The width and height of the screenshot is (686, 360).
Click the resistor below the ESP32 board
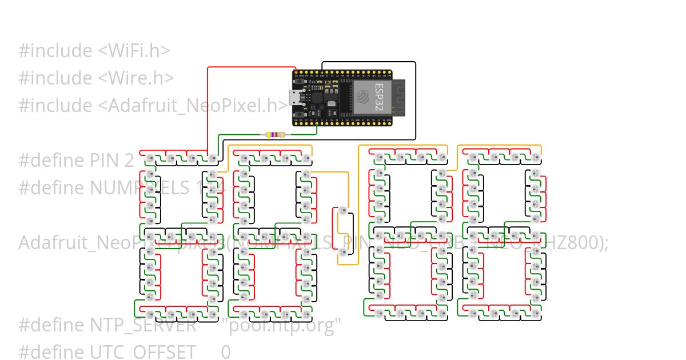pyautogui.click(x=274, y=135)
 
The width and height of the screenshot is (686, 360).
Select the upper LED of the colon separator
pyautogui.click(x=343, y=210)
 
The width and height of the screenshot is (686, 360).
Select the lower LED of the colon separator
pyautogui.click(x=343, y=252)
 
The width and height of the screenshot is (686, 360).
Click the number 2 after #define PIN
pyautogui.click(x=129, y=160)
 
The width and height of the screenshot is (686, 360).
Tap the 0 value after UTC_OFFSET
pyautogui.click(x=226, y=352)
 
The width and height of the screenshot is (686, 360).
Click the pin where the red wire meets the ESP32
pyautogui.click(x=296, y=74)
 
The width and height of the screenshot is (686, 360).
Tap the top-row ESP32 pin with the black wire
pyautogui.click(x=322, y=74)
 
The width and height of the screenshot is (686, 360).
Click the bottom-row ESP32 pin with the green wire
pyautogui.click(x=316, y=121)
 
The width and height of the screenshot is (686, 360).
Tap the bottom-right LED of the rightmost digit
pyautogui.click(x=535, y=314)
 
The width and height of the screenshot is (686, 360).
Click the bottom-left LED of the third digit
pyautogui.click(x=378, y=314)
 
